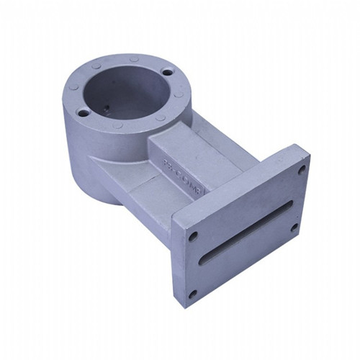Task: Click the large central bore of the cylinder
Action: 122,94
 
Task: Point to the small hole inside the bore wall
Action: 104,109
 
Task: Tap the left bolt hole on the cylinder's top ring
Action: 84,112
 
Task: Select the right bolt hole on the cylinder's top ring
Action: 168,72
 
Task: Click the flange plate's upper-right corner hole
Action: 301,170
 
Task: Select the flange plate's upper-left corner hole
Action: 193,235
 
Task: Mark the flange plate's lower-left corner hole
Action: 192,293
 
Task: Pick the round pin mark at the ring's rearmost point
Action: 134,57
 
